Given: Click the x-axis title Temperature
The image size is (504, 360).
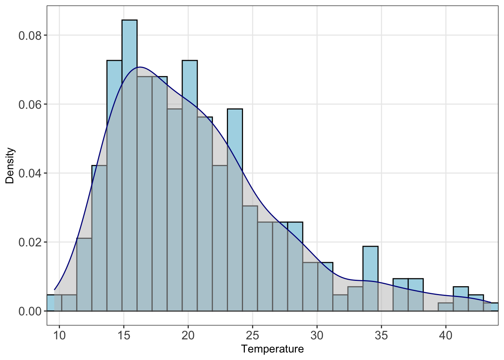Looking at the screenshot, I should coord(273,349).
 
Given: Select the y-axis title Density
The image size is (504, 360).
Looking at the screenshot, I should coord(10,165).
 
